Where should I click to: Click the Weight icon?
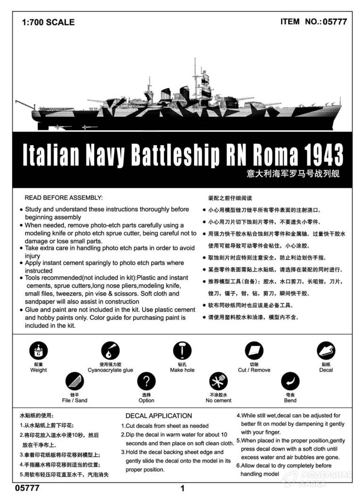[38, 351]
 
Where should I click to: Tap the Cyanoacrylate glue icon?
[110, 351]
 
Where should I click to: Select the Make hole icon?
[182, 351]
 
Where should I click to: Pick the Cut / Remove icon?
[254, 351]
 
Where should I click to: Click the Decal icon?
[326, 351]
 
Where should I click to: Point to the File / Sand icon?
[74, 381]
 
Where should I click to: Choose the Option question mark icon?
[146, 381]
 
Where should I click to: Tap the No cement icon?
[218, 381]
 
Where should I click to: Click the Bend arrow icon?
[290, 381]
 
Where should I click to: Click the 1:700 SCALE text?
[48, 22]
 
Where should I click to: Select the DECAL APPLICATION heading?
[159, 416]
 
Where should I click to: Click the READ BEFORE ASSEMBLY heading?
[63, 198]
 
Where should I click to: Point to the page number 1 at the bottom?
[182, 488]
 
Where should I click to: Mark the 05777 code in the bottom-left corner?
[27, 488]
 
